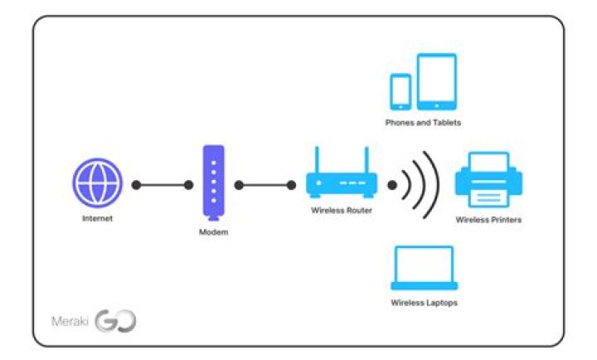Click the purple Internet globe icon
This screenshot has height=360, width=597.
(97, 184)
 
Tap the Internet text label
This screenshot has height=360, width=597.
(97, 219)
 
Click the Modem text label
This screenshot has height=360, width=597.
(213, 232)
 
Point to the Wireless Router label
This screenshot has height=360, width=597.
(342, 211)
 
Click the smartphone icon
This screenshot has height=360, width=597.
(400, 92)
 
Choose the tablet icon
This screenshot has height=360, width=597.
(436, 81)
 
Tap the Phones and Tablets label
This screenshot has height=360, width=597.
(423, 123)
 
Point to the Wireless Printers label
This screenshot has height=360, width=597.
(488, 220)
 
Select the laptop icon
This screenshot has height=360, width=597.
(423, 268)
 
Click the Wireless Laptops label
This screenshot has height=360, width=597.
(424, 303)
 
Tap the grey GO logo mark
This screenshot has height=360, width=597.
(115, 321)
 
